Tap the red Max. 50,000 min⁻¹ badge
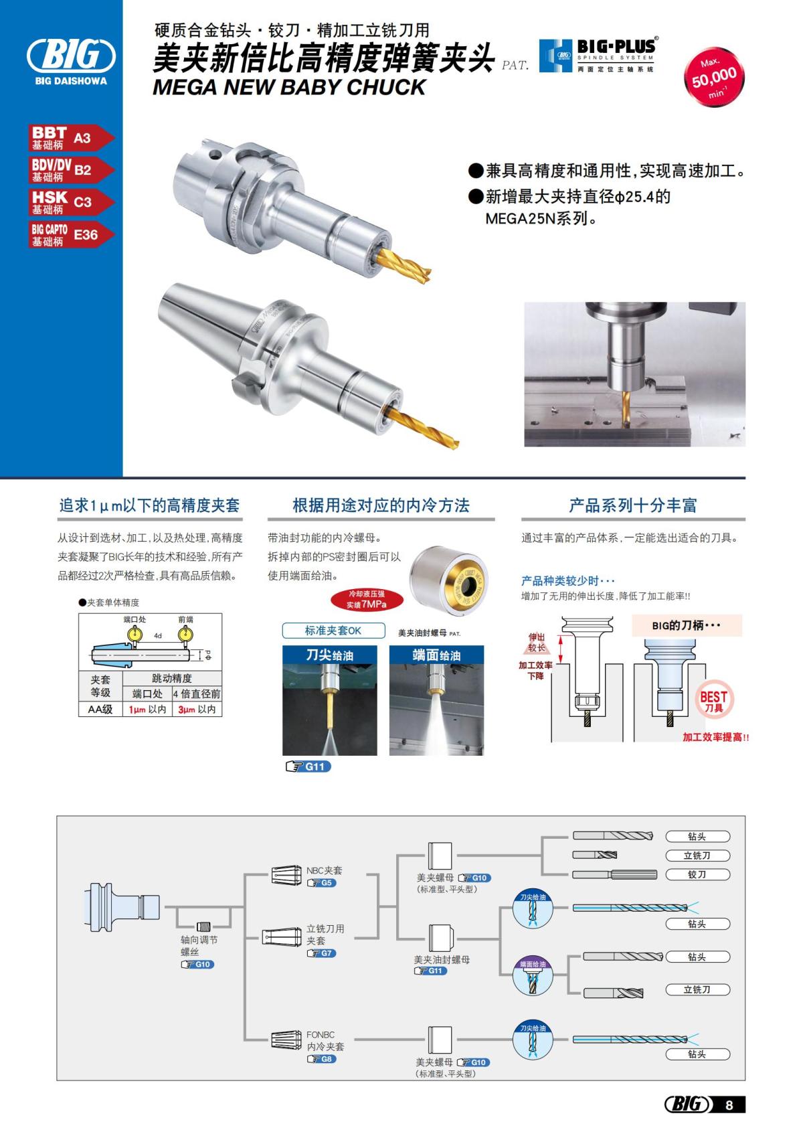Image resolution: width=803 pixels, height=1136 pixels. coord(714,79)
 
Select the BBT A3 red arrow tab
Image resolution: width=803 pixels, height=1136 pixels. coord(70,138)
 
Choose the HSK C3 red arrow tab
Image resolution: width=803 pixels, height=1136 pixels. coord(70,201)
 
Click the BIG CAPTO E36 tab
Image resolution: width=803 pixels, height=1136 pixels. coord(70,234)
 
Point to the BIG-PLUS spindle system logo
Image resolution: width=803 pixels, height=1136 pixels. coord(598,55)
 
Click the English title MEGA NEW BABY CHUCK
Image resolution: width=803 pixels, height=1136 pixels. coord(289,87)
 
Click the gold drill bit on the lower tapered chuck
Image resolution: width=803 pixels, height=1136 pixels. coord(426,427)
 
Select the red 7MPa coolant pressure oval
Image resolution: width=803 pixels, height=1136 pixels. coord(367,599)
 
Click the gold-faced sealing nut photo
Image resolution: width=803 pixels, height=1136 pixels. coord(449,579)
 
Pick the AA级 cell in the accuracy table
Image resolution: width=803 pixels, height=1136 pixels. coord(100,709)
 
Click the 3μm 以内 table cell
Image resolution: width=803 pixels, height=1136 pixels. coord(197,709)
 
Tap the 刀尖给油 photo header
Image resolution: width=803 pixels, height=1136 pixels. coord(329,654)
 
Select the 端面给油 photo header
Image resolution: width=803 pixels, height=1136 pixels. coord(436,654)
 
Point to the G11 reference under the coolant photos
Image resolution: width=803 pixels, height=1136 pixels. coord(308,766)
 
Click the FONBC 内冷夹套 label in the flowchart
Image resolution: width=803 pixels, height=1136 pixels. coord(325,1040)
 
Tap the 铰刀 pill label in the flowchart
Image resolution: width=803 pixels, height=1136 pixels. coord(697,874)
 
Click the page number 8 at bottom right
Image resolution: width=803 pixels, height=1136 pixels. coord(729,1105)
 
